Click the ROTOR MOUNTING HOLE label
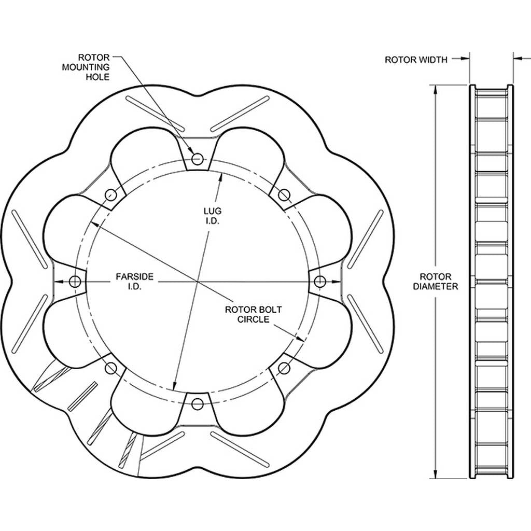pyautogui.click(x=86, y=67)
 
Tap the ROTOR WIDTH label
pyautogui.click(x=416, y=60)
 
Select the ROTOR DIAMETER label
pyautogui.click(x=436, y=282)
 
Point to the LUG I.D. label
pyautogui.click(x=212, y=216)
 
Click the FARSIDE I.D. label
pyautogui.click(x=134, y=282)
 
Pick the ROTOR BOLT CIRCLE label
pyautogui.click(x=253, y=314)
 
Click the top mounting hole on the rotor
pyautogui.click(x=197, y=158)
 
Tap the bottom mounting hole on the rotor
pyautogui.click(x=197, y=403)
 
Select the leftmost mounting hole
pyautogui.click(x=75, y=281)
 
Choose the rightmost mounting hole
pyautogui.click(x=319, y=281)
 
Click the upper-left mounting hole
pyautogui.click(x=111, y=194)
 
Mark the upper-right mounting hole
pyautogui.click(x=284, y=194)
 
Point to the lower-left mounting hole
pyautogui.click(x=111, y=368)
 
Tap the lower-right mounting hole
pyautogui.click(x=284, y=368)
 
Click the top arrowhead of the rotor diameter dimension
pyautogui.click(x=436, y=89)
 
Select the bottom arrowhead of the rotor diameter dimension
pyautogui.click(x=436, y=474)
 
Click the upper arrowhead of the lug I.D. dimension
pyautogui.click(x=221, y=177)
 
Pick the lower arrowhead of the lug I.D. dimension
pyautogui.click(x=174, y=385)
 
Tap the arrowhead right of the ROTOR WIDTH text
pyautogui.click(x=465, y=59)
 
